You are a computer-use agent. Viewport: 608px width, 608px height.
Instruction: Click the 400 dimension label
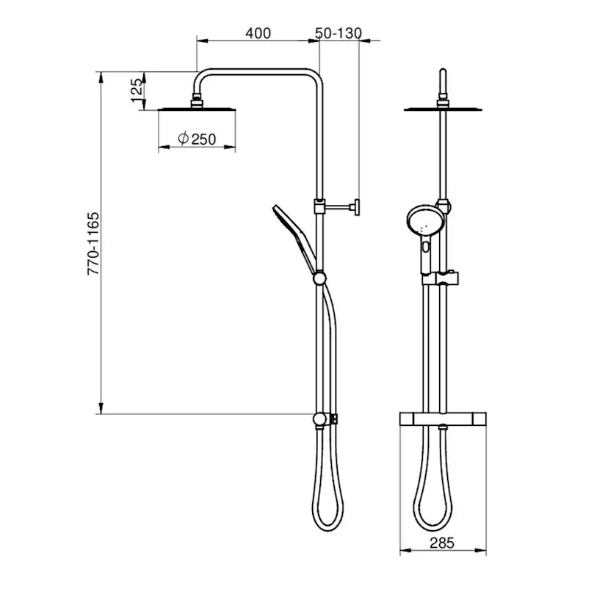click(258, 33)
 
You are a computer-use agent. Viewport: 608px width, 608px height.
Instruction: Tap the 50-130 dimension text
click(338, 33)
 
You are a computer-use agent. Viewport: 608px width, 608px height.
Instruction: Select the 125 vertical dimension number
click(137, 90)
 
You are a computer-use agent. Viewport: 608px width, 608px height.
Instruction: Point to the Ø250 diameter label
click(197, 139)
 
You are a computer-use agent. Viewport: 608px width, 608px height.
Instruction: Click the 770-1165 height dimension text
click(93, 244)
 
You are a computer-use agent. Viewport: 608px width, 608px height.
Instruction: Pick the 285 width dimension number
click(441, 543)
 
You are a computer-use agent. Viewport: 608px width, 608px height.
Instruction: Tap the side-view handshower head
click(289, 226)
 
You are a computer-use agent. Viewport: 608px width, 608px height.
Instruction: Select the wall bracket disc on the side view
click(357, 207)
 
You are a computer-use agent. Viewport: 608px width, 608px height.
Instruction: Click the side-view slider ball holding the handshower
click(319, 278)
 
